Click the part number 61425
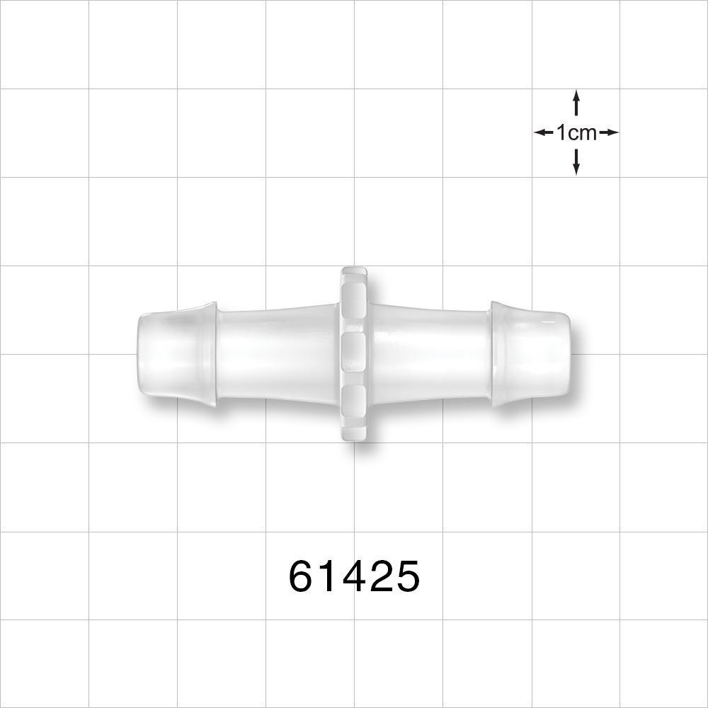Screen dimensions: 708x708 click(x=354, y=577)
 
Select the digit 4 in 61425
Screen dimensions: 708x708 click(x=354, y=577)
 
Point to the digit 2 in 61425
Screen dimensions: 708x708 click(x=380, y=577)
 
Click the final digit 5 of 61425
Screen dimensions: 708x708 click(x=406, y=577)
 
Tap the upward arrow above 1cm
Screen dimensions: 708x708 click(x=576, y=102)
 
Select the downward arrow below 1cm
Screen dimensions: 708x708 click(x=576, y=163)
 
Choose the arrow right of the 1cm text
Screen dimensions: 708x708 click(x=609, y=132)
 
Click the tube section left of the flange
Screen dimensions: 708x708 click(x=276, y=354)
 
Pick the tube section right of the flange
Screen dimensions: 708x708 click(x=430, y=354)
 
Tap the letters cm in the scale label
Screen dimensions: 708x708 click(x=583, y=132)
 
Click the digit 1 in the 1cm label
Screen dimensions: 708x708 click(x=561, y=132)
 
